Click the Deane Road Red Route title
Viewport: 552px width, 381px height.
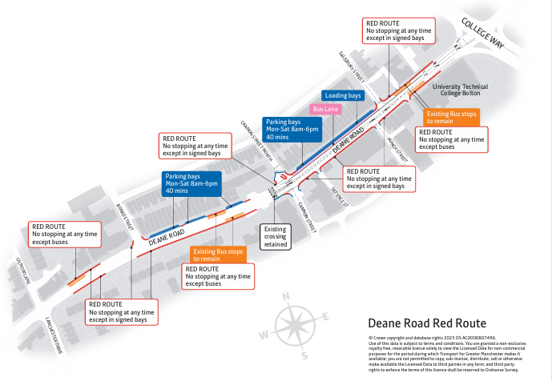tap(426, 323)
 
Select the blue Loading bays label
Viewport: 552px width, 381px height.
tap(344, 95)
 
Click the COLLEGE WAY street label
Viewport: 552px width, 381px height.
tap(481, 33)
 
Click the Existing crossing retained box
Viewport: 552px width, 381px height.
tap(275, 237)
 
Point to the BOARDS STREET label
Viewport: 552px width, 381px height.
tap(125, 215)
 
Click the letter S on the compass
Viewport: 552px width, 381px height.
tap(304, 353)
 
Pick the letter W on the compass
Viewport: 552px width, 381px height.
tap(264, 334)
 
